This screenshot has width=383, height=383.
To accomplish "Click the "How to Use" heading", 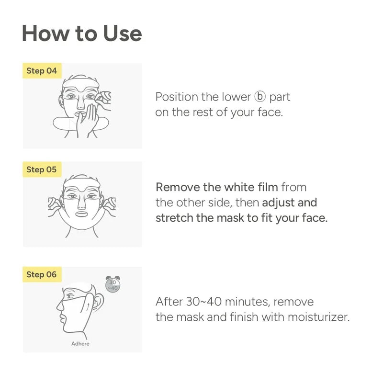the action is click(x=82, y=33).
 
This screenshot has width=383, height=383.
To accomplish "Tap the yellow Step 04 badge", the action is click(x=42, y=71).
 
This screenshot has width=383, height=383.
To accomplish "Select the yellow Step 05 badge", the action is click(x=42, y=169).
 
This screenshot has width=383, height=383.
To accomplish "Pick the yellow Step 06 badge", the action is click(x=42, y=274).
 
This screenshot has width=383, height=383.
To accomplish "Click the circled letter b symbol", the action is click(x=260, y=97).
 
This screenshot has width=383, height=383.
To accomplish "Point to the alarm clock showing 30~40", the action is click(x=113, y=284).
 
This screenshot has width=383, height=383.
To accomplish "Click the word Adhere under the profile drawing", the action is click(x=80, y=343).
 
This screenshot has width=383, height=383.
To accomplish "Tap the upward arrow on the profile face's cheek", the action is click(x=88, y=306).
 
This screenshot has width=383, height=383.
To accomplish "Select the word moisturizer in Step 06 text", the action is click(x=319, y=317).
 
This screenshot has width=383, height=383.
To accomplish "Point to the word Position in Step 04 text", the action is click(x=177, y=97).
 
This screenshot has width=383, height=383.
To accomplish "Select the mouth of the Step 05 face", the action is click(x=81, y=214).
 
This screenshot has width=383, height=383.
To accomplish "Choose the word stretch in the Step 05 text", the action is click(x=174, y=218).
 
